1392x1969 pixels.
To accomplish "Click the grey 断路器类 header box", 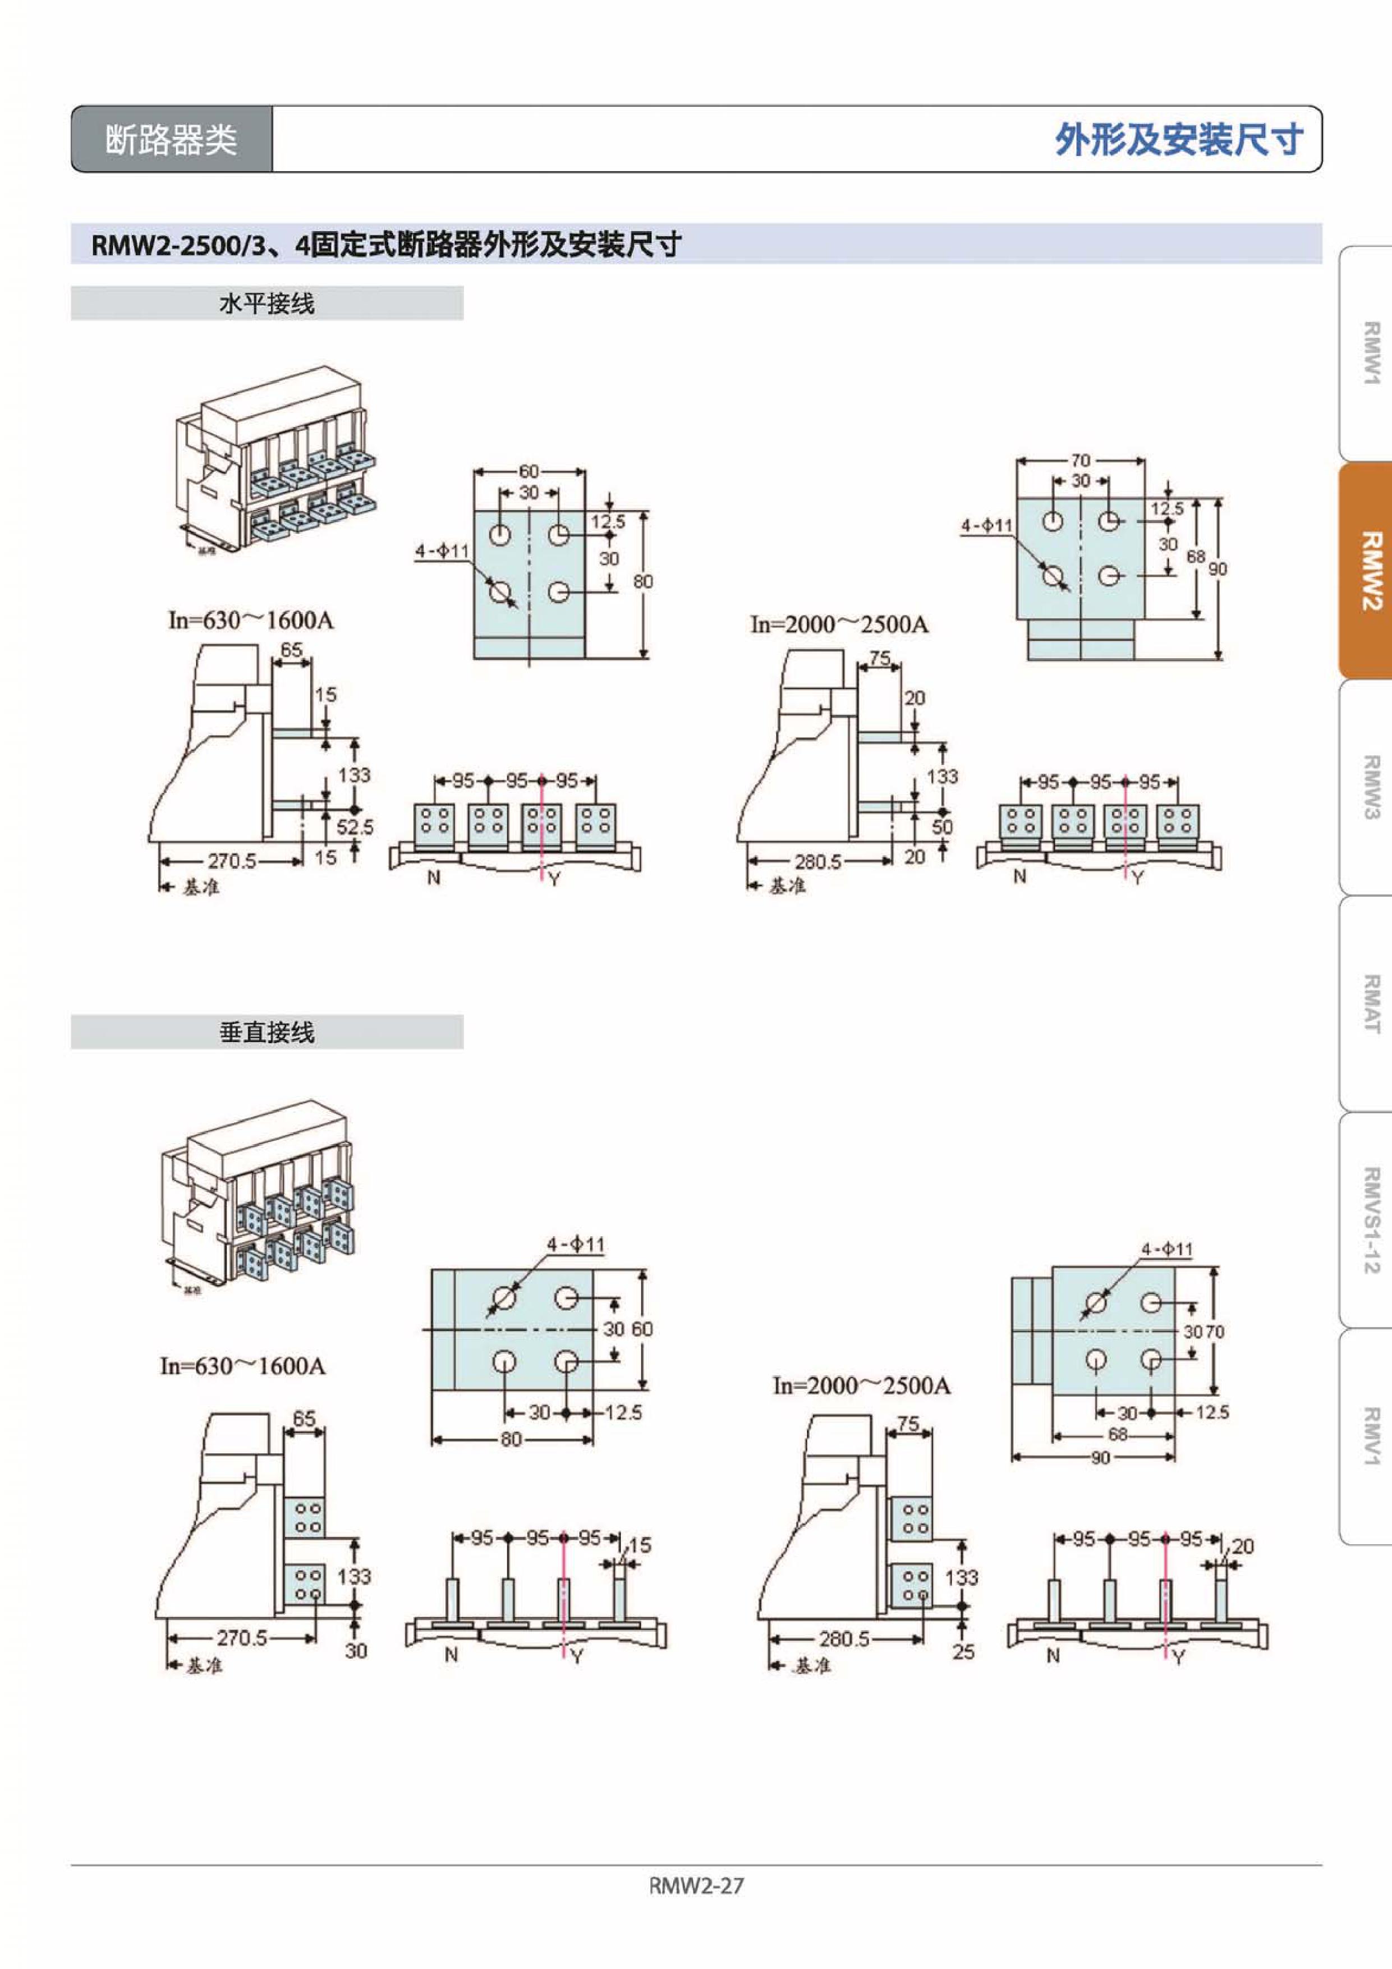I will pyautogui.click(x=172, y=139).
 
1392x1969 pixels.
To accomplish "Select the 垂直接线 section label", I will pyautogui.click(x=267, y=1032).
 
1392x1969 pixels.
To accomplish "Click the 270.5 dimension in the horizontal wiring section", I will pyautogui.click(x=232, y=860).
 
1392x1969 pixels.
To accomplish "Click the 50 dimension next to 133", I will pyautogui.click(x=941, y=827).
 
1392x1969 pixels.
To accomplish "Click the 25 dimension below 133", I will pyautogui.click(x=963, y=1651).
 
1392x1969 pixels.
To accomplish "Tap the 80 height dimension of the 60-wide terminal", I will pyautogui.click(x=642, y=581).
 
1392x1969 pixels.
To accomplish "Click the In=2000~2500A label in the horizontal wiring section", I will pyautogui.click(x=839, y=625).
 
